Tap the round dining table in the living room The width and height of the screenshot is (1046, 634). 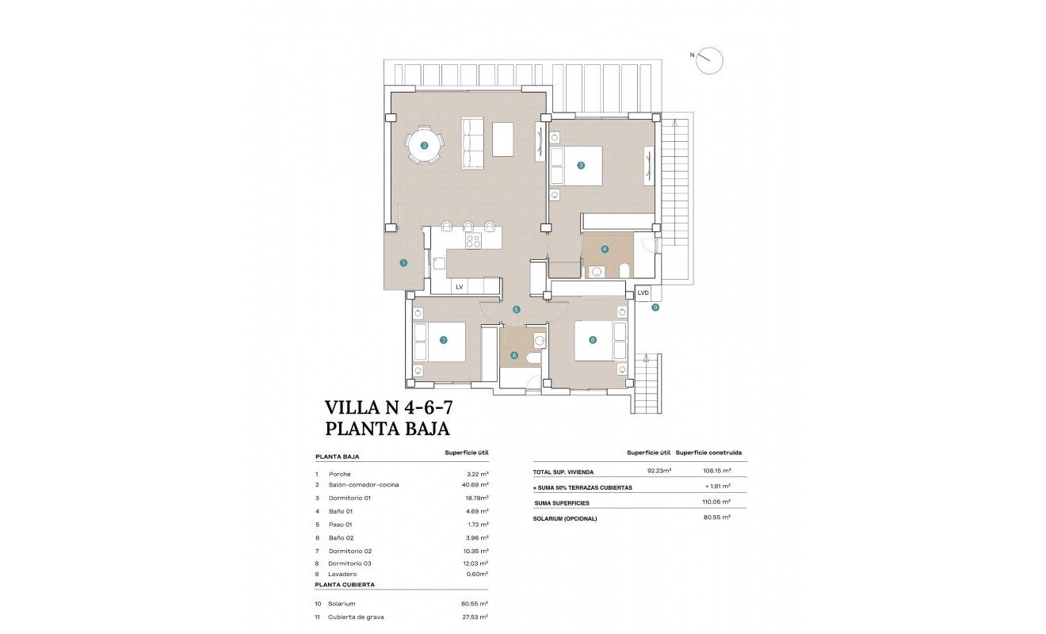(424, 145)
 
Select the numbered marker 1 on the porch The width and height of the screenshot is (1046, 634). (403, 263)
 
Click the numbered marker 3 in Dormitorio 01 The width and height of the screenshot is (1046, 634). (581, 166)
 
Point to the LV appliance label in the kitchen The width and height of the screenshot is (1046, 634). (459, 287)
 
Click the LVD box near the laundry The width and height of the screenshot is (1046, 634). (643, 293)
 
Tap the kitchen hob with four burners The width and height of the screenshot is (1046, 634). (473, 240)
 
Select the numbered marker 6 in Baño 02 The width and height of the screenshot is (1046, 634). (514, 356)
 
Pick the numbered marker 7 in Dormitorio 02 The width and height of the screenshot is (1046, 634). (443, 341)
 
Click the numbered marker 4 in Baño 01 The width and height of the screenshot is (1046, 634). (605, 249)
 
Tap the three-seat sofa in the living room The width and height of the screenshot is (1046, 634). (472, 143)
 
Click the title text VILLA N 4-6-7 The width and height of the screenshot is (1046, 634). (389, 407)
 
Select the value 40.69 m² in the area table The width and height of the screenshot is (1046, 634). (475, 484)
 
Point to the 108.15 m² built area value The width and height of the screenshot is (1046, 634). (716, 472)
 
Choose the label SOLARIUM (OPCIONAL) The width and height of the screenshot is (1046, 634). (565, 518)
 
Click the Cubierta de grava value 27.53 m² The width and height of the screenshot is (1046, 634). (475, 617)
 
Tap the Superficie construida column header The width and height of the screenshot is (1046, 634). (708, 453)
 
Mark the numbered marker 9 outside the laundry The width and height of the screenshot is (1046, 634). (655, 307)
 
